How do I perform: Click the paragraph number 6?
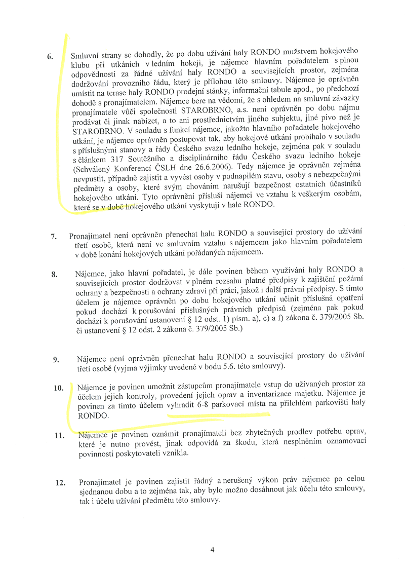click(x=50, y=56)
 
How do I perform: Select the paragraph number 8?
click(x=54, y=275)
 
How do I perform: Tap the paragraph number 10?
click(x=58, y=388)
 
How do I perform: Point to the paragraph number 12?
click(x=60, y=482)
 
